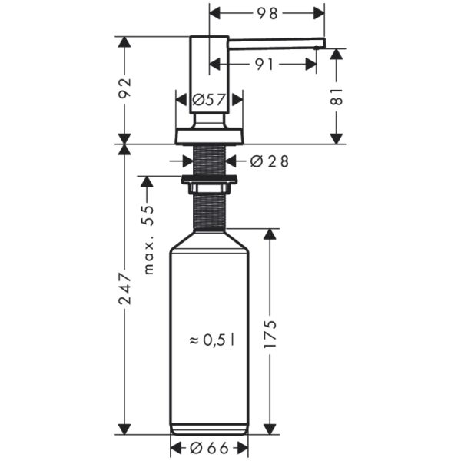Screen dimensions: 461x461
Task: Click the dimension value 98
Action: pos(267,13)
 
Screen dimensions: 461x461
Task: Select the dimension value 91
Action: pos(265,65)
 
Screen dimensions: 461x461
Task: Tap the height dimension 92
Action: pos(126,90)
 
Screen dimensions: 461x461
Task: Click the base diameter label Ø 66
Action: pos(208,447)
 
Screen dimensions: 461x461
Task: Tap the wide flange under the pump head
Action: pos(209,136)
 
